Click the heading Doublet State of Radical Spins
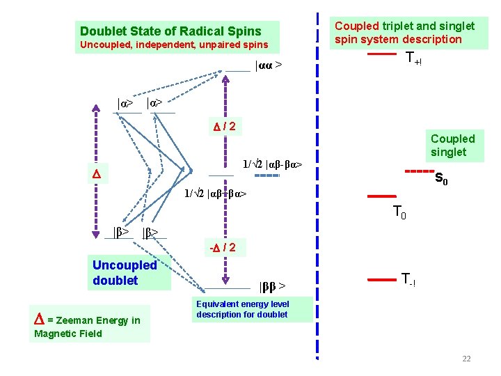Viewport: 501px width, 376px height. tap(170, 31)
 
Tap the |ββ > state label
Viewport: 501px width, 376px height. tap(272, 286)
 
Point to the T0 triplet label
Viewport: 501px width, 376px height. tap(399, 212)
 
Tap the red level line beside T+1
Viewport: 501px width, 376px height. tap(382, 54)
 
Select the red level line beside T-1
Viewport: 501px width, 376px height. tap(381, 280)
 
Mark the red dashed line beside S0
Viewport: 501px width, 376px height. tap(420, 171)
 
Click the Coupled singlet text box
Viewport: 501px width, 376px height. tap(452, 146)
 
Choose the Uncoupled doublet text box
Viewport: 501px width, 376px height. tap(125, 273)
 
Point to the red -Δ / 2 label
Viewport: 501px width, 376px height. tap(223, 247)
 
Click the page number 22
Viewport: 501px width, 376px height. tap(466, 359)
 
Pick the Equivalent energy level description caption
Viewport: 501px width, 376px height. tap(242, 309)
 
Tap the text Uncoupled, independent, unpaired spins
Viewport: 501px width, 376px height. tap(174, 45)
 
